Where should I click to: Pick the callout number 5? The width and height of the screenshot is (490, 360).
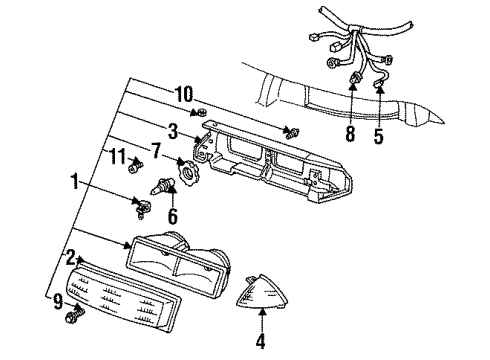pyautogui.click(x=379, y=135)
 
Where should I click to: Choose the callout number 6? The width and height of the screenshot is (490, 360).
pyautogui.click(x=172, y=216)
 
